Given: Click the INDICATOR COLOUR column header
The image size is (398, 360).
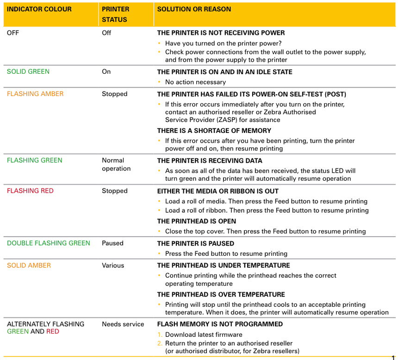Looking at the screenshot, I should (x=39, y=9).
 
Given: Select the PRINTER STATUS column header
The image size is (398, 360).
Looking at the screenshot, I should (x=116, y=14).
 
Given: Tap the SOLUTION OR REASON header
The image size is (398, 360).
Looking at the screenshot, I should (x=194, y=9).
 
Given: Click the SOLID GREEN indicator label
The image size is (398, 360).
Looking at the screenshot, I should (x=28, y=72).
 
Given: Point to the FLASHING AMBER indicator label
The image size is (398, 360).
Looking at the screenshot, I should (x=35, y=94).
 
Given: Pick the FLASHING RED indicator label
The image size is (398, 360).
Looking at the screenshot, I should (x=30, y=191).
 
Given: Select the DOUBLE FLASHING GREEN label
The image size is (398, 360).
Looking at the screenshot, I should (x=49, y=243).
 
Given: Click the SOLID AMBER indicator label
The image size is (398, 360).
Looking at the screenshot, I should (x=29, y=265).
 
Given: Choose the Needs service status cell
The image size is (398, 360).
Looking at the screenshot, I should (x=123, y=324).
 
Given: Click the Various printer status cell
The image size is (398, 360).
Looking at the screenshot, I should (x=113, y=265).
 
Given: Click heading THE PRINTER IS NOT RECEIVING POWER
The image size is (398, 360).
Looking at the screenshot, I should (x=221, y=33).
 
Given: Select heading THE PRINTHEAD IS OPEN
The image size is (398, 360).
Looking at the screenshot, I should (x=197, y=221).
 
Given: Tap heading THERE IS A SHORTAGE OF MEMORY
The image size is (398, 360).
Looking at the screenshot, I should (x=214, y=131).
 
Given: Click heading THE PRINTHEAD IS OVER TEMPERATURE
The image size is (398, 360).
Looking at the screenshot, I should (x=221, y=295).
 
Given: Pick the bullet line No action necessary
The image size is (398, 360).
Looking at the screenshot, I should (x=195, y=82).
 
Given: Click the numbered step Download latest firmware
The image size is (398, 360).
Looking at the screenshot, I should (x=204, y=335).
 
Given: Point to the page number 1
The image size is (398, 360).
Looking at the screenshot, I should (x=393, y=358).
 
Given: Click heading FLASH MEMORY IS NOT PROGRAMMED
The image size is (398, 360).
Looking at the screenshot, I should (x=220, y=324).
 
